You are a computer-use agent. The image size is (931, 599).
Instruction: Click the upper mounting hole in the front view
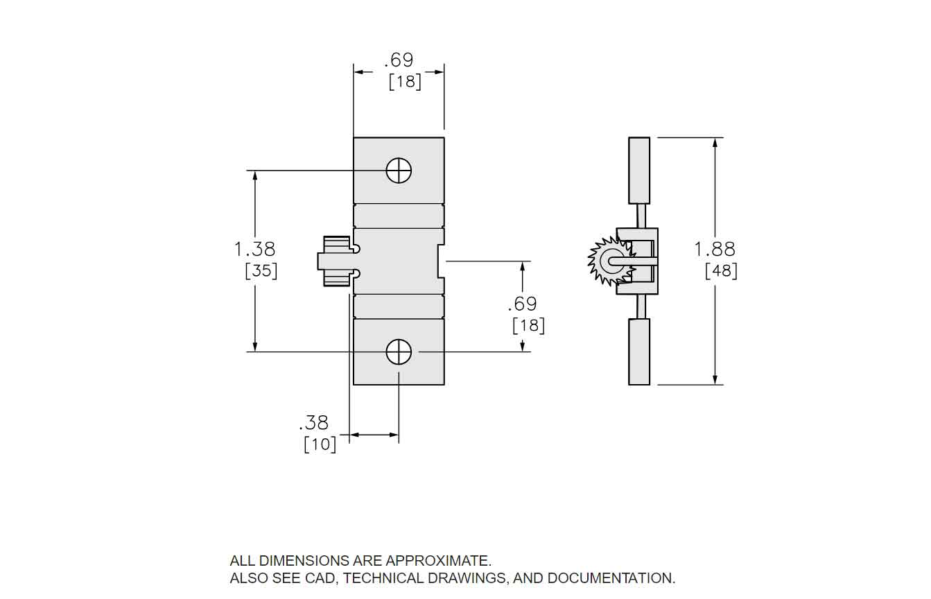pyautogui.click(x=399, y=171)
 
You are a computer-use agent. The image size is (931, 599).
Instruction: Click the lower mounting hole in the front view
pyautogui.click(x=399, y=351)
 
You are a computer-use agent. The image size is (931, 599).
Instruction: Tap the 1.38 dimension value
pyautogui.click(x=254, y=248)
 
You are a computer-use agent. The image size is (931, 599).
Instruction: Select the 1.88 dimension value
pyautogui.click(x=715, y=248)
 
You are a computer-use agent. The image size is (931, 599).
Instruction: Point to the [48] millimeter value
pyautogui.click(x=721, y=270)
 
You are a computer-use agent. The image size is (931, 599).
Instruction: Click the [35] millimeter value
pyautogui.click(x=261, y=270)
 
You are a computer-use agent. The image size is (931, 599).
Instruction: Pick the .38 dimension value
pyautogui.click(x=313, y=422)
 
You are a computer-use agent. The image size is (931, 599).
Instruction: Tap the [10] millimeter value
pyautogui.click(x=320, y=444)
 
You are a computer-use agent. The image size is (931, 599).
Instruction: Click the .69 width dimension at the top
pyautogui.click(x=399, y=60)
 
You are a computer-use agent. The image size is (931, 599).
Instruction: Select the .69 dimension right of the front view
pyautogui.click(x=522, y=304)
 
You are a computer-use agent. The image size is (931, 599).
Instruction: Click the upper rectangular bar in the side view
pyautogui.click(x=638, y=170)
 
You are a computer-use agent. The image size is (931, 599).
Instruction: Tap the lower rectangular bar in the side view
pyautogui.click(x=638, y=351)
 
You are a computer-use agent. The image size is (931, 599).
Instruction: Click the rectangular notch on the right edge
pyautogui.click(x=441, y=261)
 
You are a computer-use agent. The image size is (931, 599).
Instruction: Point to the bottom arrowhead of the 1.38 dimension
pyautogui.click(x=255, y=347)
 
